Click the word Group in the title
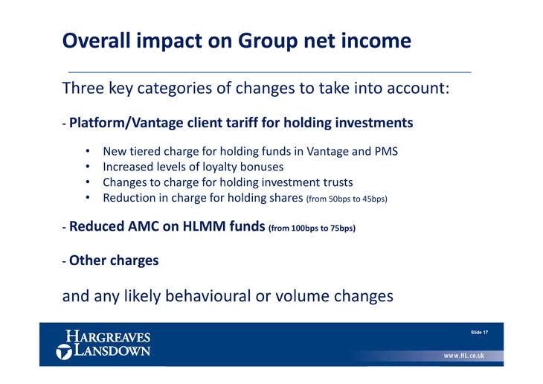pos(268,41)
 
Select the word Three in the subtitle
pos(83,88)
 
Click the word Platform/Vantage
pos(126,123)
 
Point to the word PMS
pos(386,151)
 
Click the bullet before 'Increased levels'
pos(88,167)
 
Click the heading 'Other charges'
pos(114,260)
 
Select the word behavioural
pos(208,296)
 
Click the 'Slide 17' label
pos(479,333)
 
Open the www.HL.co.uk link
pos(464,356)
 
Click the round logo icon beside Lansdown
pos(64,352)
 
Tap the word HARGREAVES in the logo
pos(108,336)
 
